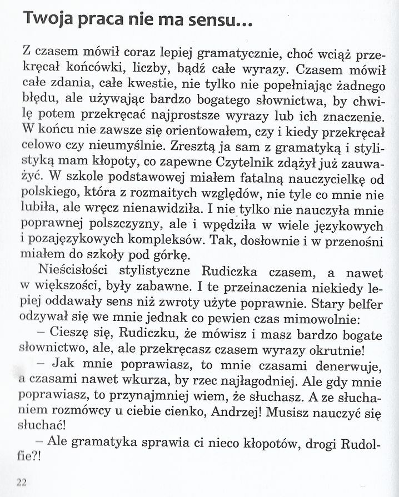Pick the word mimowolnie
[x=317, y=319]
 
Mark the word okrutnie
[x=335, y=351]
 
